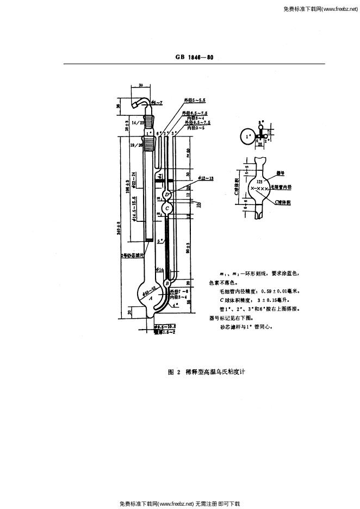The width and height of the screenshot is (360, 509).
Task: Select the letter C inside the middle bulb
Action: point(167,208)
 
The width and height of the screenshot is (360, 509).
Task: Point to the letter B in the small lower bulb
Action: point(167,283)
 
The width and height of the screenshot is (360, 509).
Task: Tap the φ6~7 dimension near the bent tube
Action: point(158,102)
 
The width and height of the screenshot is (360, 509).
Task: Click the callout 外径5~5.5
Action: point(195,100)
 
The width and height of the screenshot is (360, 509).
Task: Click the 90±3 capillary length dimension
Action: point(188,249)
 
